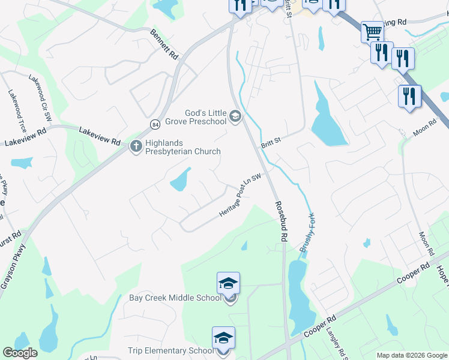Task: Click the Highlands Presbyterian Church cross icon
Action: pyautogui.click(x=136, y=145)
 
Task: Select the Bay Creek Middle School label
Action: pyautogui.click(x=175, y=298)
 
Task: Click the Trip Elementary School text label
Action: pyautogui.click(x=170, y=350)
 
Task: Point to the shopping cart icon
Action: pyautogui.click(x=372, y=31)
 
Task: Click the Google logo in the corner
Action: pyautogui.click(x=20, y=353)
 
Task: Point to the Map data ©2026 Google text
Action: pyautogui.click(x=412, y=355)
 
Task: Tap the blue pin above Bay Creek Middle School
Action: pyautogui.click(x=228, y=283)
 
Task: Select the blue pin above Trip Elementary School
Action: pyautogui.click(x=223, y=338)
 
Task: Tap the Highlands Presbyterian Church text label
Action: pyautogui.click(x=182, y=148)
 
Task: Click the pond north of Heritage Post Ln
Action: pyautogui.click(x=180, y=179)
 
